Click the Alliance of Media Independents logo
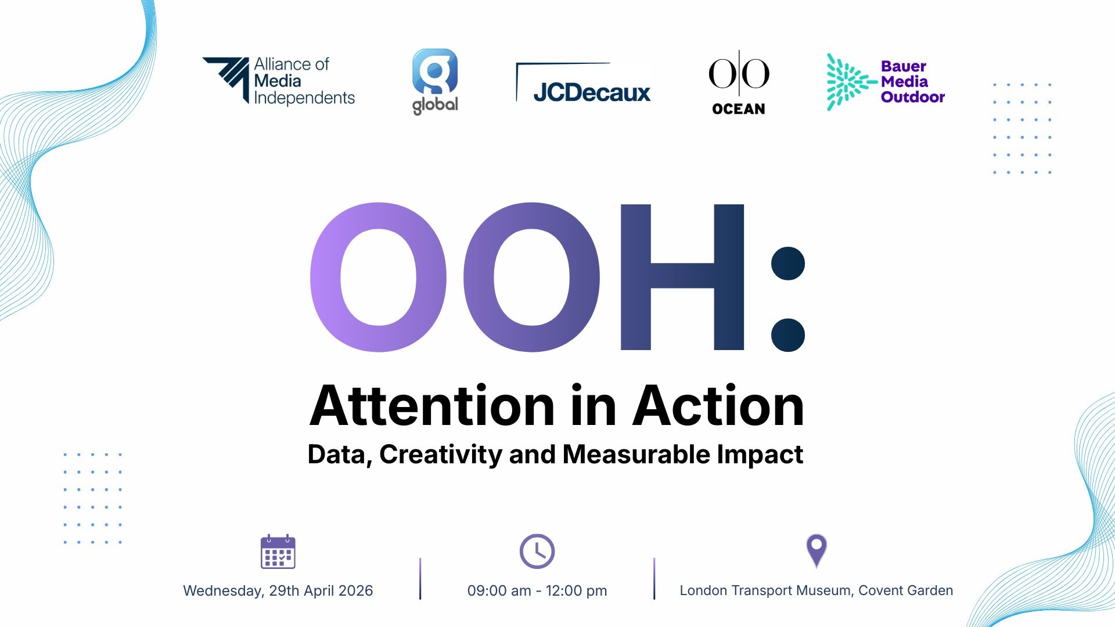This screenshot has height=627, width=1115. tap(279, 81)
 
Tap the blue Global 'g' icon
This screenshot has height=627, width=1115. tap(435, 71)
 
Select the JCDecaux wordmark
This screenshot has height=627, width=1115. tap(592, 92)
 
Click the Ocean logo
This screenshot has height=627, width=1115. tap(739, 82)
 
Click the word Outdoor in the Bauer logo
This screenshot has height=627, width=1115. tap(913, 97)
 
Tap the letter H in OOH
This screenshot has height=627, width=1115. tap(682, 277)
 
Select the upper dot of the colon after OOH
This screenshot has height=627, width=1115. tap(788, 264)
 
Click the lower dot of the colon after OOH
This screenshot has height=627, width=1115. tap(788, 335)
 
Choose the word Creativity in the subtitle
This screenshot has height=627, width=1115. tap(441, 455)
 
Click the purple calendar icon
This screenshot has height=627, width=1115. tap(278, 552)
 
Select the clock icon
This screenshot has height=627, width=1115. tap(537, 551)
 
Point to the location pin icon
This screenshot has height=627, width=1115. tap(817, 550)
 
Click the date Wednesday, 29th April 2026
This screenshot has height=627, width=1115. tap(278, 590)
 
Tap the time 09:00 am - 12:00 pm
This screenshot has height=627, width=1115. tap(537, 590)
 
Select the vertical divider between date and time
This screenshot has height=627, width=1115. tap(420, 578)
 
